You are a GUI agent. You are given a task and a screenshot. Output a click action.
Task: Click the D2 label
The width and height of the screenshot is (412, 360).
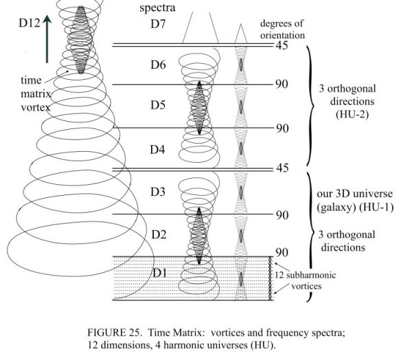coord(158,234)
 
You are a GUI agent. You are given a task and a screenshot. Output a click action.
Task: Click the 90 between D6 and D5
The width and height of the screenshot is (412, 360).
coord(282,85)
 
